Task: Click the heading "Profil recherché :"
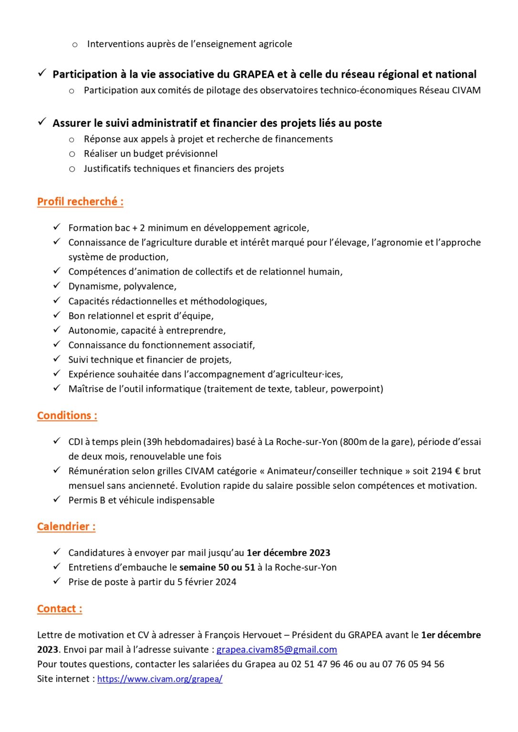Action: click(80, 202)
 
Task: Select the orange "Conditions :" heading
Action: click(67, 416)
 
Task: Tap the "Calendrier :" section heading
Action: click(66, 527)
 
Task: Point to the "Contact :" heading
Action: click(60, 609)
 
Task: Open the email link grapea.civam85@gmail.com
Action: click(277, 650)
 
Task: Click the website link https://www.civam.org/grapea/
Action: click(160, 679)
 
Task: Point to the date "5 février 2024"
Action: click(207, 582)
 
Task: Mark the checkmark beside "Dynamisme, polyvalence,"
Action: click(57, 285)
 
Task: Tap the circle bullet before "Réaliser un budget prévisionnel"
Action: click(72, 154)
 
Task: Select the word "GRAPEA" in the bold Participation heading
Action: click(253, 74)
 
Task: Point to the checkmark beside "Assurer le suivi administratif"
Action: click(42, 122)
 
